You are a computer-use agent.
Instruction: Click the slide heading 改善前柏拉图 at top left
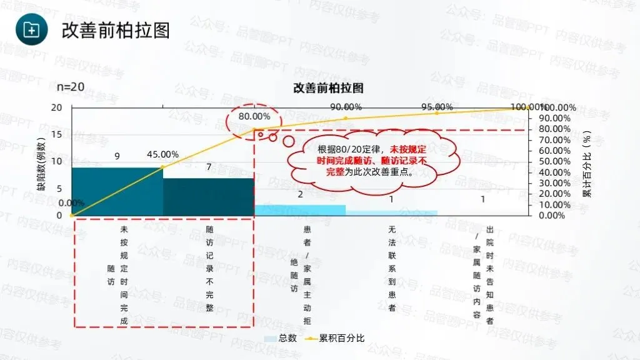(x=116, y=31)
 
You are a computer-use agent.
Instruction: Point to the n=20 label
(x=71, y=87)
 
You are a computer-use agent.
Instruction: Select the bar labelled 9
(x=117, y=191)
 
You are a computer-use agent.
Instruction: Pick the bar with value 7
(x=209, y=197)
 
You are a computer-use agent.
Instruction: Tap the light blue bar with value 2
(x=300, y=210)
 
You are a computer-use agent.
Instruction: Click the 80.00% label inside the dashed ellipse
(x=254, y=116)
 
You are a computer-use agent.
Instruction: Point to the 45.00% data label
(x=163, y=154)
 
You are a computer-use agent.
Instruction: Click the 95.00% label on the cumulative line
(x=437, y=107)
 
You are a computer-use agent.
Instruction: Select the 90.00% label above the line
(x=346, y=107)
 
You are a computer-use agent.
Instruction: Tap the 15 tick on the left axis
(x=57, y=134)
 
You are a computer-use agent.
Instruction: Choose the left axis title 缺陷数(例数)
(x=41, y=164)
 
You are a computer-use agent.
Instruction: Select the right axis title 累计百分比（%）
(x=587, y=164)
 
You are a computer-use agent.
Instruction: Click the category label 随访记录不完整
(x=209, y=269)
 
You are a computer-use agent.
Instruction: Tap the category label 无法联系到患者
(x=392, y=269)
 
